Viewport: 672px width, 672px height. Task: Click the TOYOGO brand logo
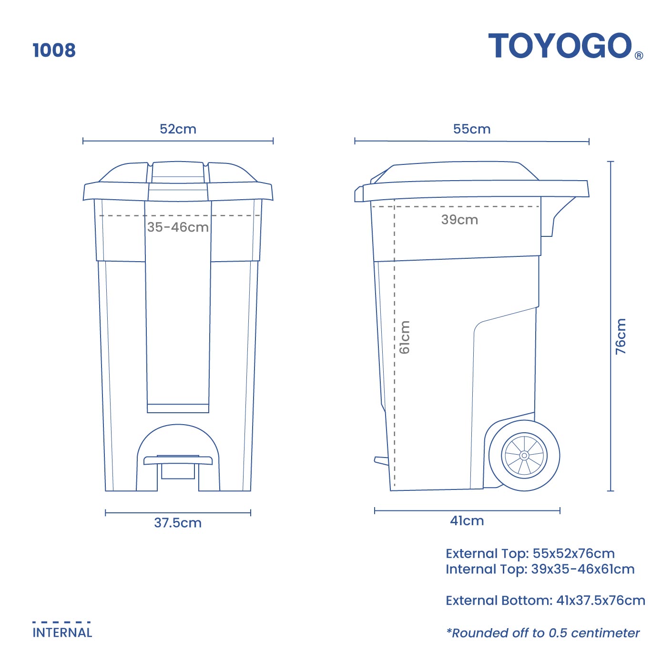click(x=560, y=46)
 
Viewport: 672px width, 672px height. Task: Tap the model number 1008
click(x=54, y=50)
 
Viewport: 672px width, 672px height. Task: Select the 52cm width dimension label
click(x=178, y=129)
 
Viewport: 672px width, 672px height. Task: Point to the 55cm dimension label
click(x=471, y=129)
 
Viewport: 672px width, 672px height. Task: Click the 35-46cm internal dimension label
click(x=178, y=227)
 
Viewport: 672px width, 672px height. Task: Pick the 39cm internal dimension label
click(x=459, y=220)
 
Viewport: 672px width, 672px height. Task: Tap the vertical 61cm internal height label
click(x=404, y=337)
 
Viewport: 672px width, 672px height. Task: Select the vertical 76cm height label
click(x=621, y=336)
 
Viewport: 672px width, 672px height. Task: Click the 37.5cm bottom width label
click(x=178, y=523)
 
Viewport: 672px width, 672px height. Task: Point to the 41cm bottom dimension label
click(x=467, y=520)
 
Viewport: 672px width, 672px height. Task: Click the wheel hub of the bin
click(x=524, y=456)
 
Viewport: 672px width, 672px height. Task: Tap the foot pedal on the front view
click(x=178, y=460)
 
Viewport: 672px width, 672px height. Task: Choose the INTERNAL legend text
click(x=62, y=633)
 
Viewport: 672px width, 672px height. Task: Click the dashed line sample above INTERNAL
click(x=61, y=622)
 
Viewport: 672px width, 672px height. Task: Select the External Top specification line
click(x=530, y=554)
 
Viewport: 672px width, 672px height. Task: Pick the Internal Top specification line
click(x=540, y=569)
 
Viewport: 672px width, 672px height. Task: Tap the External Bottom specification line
click(x=545, y=601)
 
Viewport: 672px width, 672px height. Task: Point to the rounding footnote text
click(x=543, y=633)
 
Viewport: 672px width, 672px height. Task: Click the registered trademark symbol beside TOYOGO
click(x=639, y=55)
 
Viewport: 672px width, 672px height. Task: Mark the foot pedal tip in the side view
click(x=380, y=460)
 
